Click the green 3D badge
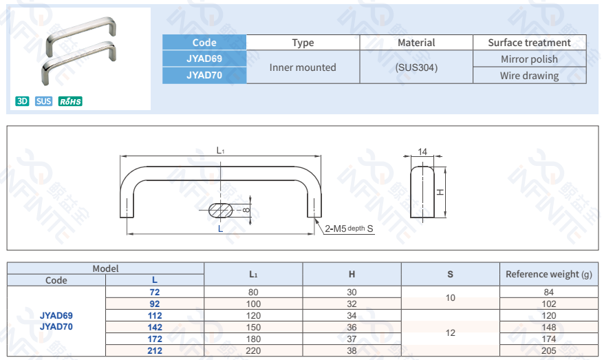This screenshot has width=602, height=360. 22,102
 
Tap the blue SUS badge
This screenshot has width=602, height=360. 44,102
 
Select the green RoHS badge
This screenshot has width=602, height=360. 70,102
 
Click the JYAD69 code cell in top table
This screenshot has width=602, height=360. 204,59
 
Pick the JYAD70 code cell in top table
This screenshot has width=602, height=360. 204,76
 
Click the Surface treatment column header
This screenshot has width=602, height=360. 529,43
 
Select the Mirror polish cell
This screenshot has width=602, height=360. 529,59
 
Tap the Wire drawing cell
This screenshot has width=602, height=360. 529,76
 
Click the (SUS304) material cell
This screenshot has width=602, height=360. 416,67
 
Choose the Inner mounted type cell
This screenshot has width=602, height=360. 303,67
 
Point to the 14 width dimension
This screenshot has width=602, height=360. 422,151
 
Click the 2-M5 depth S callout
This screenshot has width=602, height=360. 349,229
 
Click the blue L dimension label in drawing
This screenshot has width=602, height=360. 220,229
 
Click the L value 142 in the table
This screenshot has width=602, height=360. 155,327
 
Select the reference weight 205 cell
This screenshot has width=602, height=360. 548,350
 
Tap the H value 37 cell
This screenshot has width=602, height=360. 352,339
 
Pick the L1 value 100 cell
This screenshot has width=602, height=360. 253,304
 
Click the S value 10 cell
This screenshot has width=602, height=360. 451,298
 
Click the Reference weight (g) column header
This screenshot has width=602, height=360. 548,274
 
